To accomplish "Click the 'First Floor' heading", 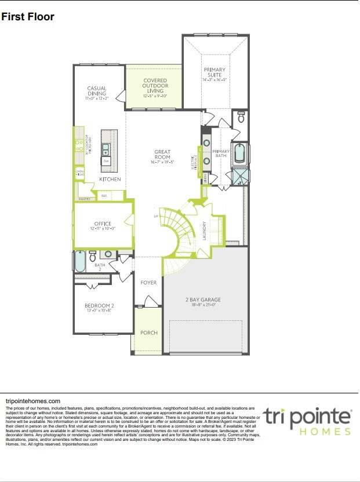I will pos(28,16).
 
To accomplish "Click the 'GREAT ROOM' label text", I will pos(162,155).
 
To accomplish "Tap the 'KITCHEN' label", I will pos(110,180).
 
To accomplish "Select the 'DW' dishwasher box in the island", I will pos(106,162).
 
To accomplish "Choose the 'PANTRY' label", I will pos(83,199).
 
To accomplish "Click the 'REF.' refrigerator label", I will pos(104,196).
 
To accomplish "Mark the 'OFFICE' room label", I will pos(103,224).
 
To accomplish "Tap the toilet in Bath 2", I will pos(108,254).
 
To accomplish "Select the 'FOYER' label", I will pos(148,283).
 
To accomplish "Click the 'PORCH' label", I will pos(148,333).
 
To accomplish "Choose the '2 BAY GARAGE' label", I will pos(203,300).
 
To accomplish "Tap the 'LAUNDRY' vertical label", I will pos(205,230).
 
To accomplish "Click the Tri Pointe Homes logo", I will pos(307,421).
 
